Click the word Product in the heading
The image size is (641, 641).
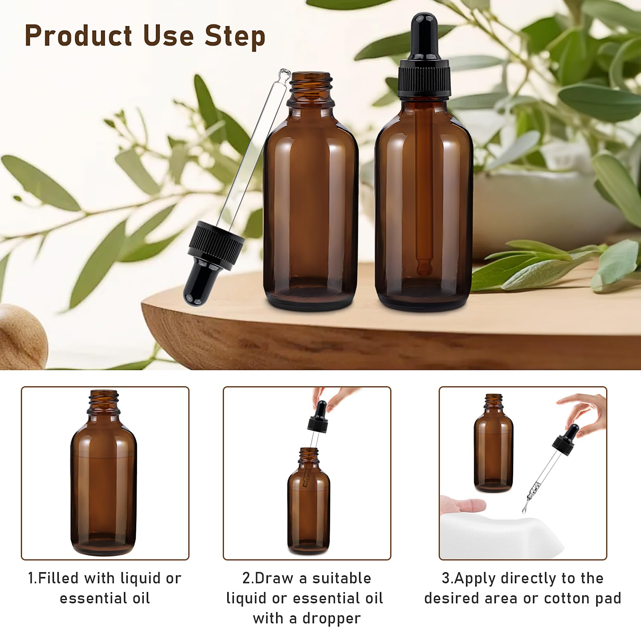pos(79,35)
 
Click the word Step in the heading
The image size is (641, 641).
pos(235,36)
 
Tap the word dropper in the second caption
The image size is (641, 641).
pos(332,619)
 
